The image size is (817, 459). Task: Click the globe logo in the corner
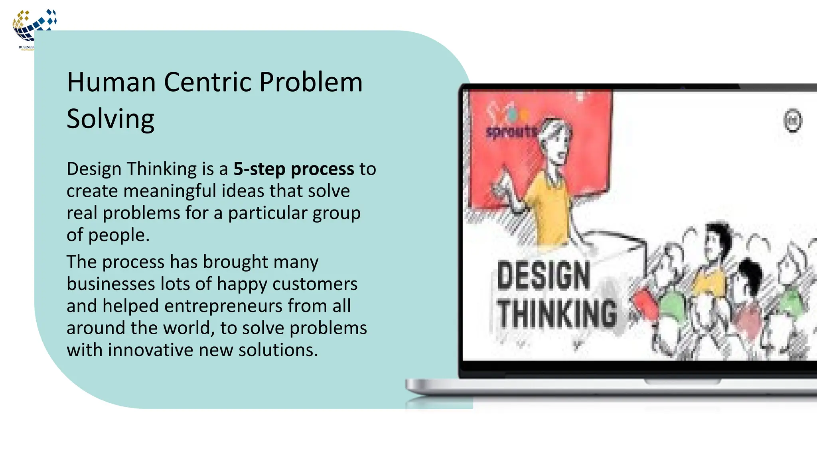pos(34,26)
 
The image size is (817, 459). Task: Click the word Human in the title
pos(111,82)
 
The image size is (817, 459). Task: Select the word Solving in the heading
pos(111,119)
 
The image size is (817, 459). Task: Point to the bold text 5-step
pos(259,169)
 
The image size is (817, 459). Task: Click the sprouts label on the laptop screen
pos(511,131)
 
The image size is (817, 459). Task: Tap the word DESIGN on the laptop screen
pos(543,275)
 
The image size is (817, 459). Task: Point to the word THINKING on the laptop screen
pos(557,314)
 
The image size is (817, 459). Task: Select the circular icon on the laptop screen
pos(792,120)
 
